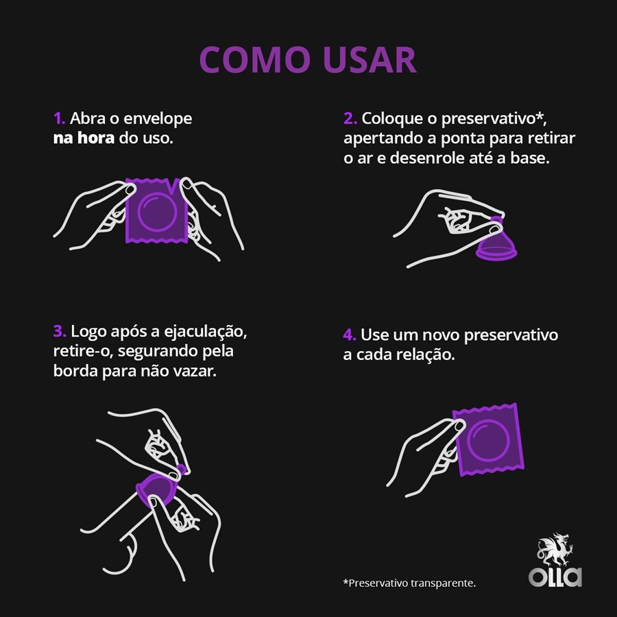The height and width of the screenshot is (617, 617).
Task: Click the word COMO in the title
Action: (254, 60)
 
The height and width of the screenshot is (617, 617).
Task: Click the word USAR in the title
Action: (369, 60)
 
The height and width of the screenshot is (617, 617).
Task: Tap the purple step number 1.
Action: (59, 119)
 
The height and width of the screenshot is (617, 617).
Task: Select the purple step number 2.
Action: (350, 119)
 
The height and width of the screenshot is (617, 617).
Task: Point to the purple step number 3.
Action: (60, 331)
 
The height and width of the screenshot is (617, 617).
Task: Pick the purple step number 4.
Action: (350, 335)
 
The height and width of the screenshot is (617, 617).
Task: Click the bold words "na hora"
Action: (84, 138)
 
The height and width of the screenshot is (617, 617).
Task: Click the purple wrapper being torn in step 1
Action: (156, 210)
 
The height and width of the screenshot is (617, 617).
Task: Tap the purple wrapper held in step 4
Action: (489, 439)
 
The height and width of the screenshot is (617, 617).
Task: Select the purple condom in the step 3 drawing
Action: (158, 488)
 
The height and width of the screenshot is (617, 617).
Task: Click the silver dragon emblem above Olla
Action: (555, 549)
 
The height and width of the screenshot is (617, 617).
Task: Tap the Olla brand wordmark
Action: (555, 577)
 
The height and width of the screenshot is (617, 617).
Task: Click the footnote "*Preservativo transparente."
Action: (410, 583)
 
